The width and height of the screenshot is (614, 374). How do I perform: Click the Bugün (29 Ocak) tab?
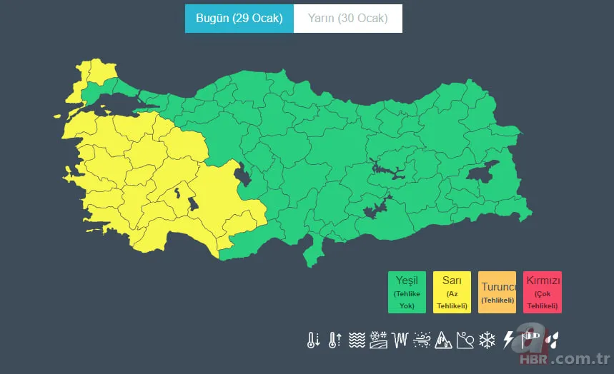[x=239, y=19]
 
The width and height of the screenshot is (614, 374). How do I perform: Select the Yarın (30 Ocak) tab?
[x=347, y=19]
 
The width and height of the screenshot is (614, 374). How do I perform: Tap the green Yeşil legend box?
[x=407, y=292]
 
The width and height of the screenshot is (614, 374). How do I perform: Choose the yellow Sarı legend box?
[x=452, y=292]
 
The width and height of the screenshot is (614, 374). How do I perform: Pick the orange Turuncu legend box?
[x=497, y=292]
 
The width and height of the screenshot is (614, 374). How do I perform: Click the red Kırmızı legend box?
[x=543, y=292]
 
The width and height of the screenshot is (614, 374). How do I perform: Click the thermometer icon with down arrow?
[x=313, y=340]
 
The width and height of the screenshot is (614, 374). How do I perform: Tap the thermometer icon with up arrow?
[x=335, y=340]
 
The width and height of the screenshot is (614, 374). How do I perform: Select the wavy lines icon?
[x=357, y=340]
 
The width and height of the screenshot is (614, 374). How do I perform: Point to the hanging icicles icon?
[x=400, y=340]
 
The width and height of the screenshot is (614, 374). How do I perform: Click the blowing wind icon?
[x=422, y=340]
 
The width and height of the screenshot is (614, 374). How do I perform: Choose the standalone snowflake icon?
[x=487, y=340]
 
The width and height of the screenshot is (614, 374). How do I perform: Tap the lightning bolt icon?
[x=509, y=340]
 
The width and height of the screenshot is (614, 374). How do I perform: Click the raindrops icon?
[x=552, y=340]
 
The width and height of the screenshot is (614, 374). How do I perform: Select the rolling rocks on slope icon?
[x=465, y=340]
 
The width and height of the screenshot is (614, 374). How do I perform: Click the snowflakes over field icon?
[x=378, y=340]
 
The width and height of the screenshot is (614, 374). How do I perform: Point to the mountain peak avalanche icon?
[x=443, y=340]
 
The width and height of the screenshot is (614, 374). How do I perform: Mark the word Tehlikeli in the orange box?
[x=497, y=300]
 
